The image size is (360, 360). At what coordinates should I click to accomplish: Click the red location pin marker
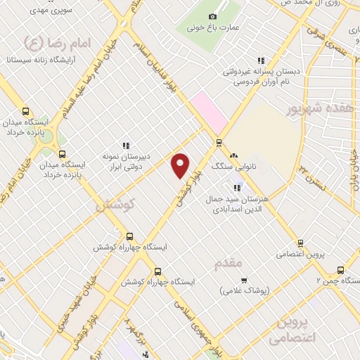pos(181,165)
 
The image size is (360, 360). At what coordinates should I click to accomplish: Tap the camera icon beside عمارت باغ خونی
pos(213,15)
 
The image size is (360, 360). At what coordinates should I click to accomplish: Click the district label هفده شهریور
pos(319,108)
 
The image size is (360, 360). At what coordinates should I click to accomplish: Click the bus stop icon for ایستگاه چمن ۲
pos(341,270)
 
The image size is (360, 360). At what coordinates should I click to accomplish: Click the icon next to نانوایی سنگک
pos(233,156)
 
